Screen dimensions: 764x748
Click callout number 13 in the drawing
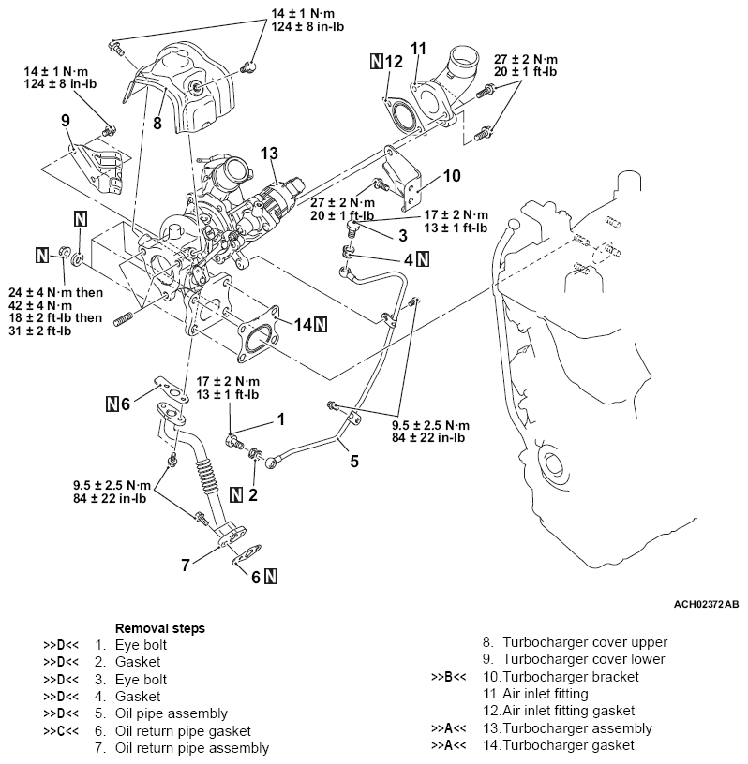(x=270, y=153)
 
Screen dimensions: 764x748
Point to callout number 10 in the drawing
(x=452, y=174)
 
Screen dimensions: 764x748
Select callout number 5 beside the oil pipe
(x=354, y=460)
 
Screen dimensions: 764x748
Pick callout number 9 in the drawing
(x=65, y=120)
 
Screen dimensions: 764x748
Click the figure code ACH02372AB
(x=705, y=605)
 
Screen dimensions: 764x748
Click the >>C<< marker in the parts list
(x=58, y=730)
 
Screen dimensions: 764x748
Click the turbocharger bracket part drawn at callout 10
(x=412, y=187)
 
